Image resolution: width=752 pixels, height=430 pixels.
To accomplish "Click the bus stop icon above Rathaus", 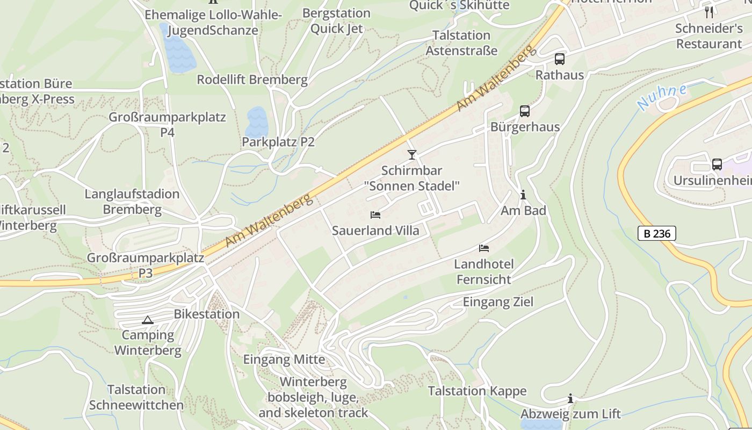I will coord(560,59).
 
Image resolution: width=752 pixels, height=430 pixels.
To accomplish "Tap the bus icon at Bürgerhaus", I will coord(525,111).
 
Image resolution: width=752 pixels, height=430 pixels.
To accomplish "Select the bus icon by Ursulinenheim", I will coord(717,164).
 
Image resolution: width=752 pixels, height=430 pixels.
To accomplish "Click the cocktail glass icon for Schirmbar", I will coord(412,155).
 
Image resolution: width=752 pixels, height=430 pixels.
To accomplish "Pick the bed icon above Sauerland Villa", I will coord(375,215).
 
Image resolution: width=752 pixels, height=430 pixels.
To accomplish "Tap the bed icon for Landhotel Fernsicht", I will coord(484,248).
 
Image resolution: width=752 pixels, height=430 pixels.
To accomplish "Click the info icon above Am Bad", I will coord(523,195).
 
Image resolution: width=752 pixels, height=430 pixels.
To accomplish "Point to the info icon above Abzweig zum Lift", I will coord(570,398).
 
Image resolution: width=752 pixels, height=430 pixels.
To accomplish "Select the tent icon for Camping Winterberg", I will coord(147,320).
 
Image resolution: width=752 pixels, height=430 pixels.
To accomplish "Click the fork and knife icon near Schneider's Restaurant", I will coord(709,12).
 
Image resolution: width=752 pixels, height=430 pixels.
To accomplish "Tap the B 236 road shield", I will coord(656,233).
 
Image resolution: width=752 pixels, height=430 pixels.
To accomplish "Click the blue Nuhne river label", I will coord(662,97).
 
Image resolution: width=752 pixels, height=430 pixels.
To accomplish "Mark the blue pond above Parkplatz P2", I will coord(257,122).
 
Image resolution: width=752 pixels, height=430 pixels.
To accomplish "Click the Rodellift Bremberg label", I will coord(252,80).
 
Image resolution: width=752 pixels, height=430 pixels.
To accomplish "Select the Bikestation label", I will coord(207,314).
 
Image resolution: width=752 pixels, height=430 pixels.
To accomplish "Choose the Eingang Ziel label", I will coord(498,302).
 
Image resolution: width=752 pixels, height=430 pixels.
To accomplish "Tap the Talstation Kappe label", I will coord(477,391).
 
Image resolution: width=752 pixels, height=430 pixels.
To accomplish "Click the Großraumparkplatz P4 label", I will coord(167,124).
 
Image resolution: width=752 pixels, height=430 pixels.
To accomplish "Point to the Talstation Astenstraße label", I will coord(461,43).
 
